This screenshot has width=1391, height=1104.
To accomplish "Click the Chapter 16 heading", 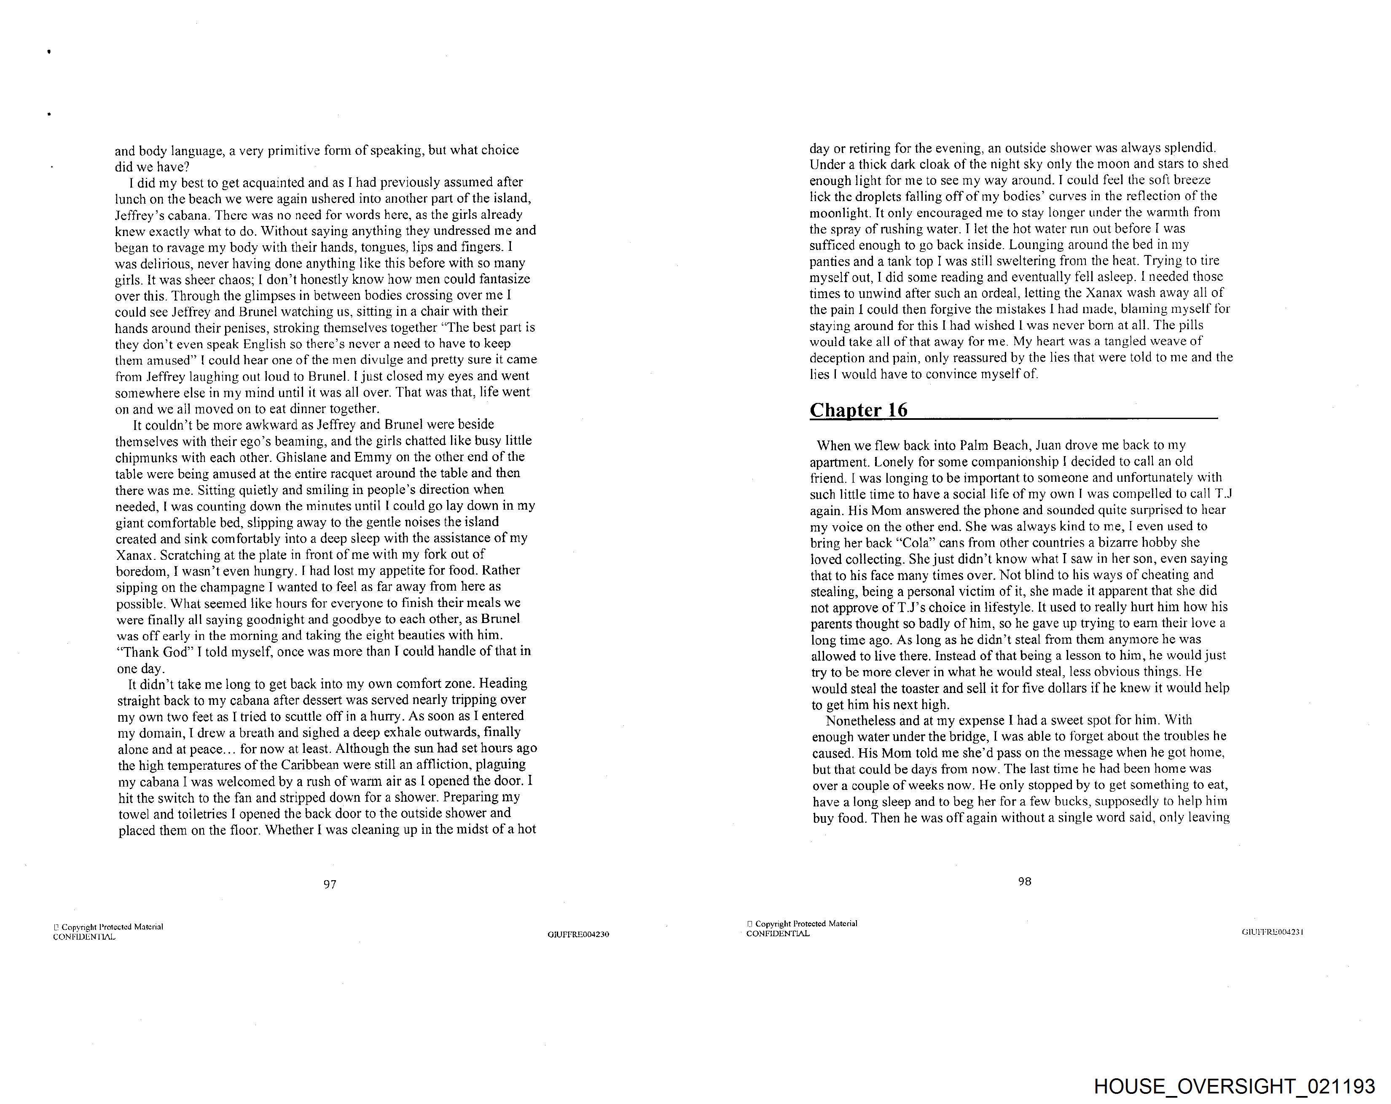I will pyautogui.click(x=858, y=411).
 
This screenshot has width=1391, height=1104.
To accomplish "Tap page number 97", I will pyautogui.click(x=330, y=885).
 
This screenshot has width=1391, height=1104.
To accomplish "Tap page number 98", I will pyautogui.click(x=1025, y=881).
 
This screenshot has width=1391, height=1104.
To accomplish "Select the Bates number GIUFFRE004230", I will pyautogui.click(x=578, y=934).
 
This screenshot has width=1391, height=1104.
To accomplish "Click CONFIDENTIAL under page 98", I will pyautogui.click(x=777, y=934).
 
